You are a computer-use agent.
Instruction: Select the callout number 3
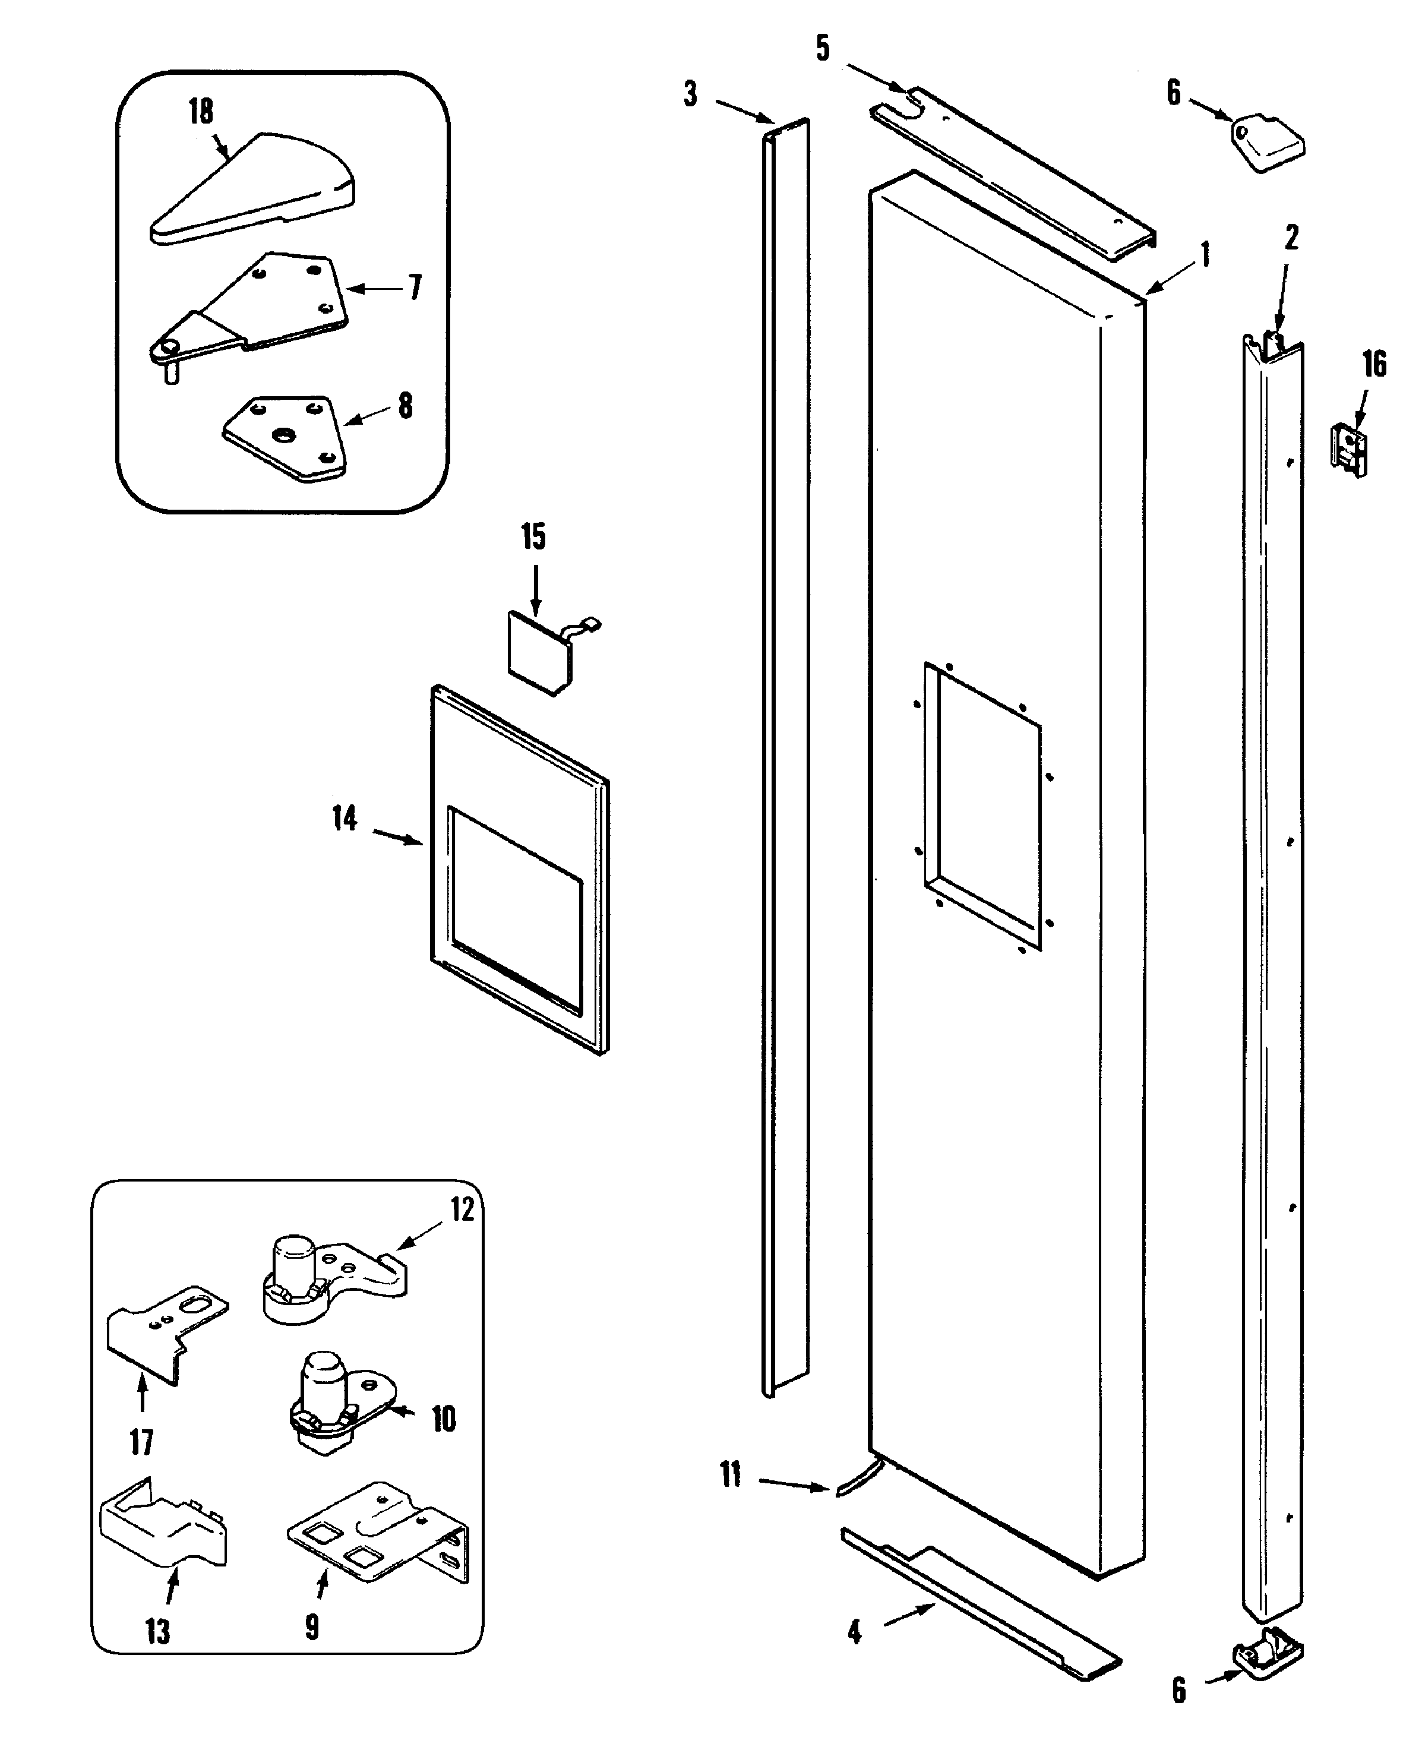pyautogui.click(x=691, y=94)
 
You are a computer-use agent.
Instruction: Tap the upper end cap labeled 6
pyautogui.click(x=1268, y=143)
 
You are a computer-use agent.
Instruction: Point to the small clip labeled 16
pyautogui.click(x=1348, y=450)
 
